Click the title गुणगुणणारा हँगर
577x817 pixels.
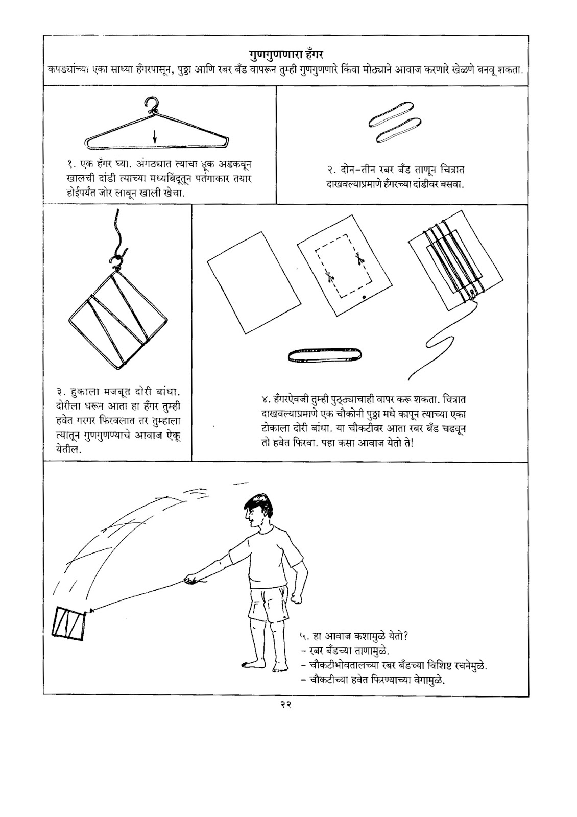click(x=285, y=53)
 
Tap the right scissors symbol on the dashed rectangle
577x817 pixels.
click(x=359, y=259)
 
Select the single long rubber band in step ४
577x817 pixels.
click(x=325, y=354)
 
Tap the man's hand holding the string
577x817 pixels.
click(x=191, y=579)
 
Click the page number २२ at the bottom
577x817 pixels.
click(x=285, y=705)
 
